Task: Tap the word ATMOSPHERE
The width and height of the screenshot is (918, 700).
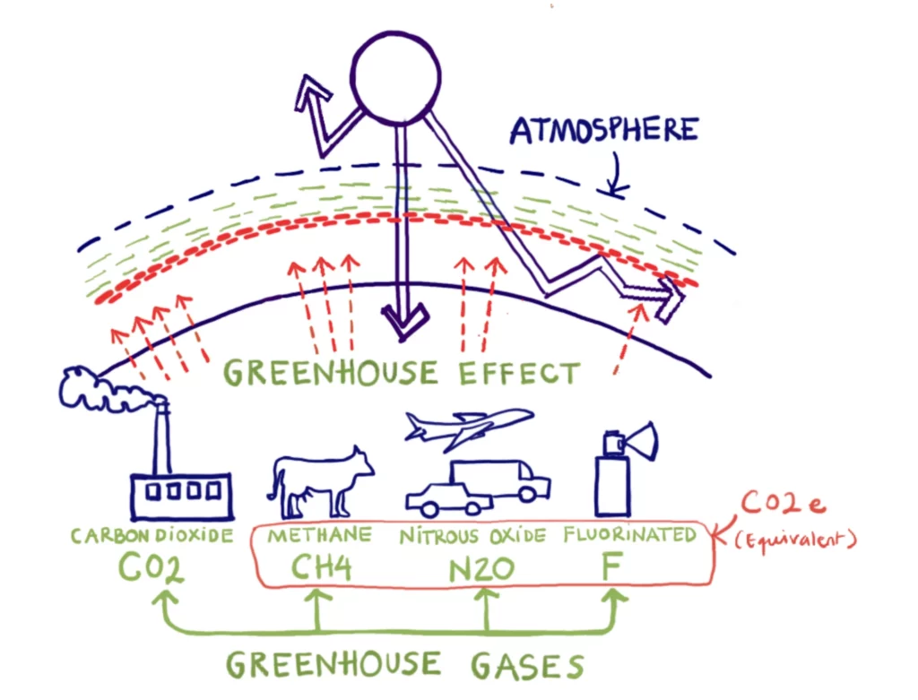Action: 603,131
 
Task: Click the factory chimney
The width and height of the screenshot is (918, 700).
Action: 162,439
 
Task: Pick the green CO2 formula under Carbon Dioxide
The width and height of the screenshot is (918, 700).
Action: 153,569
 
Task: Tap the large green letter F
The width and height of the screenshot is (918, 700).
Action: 615,568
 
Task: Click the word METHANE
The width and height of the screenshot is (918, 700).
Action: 320,535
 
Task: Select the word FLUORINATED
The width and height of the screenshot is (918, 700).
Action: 629,535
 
